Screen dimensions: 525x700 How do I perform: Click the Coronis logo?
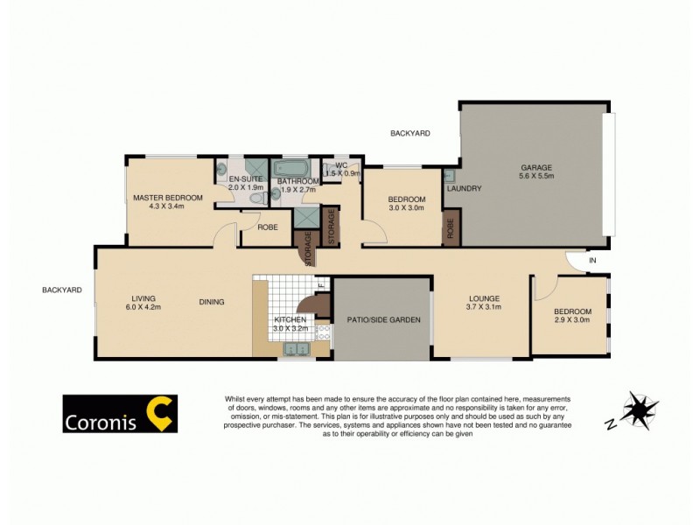(120, 415)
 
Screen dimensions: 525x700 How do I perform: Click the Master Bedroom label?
(168, 198)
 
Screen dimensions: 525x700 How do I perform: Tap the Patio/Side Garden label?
(383, 320)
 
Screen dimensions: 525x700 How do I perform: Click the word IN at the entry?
(592, 261)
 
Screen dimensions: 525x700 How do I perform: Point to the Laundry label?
(463, 189)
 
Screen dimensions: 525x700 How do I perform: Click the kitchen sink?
(299, 352)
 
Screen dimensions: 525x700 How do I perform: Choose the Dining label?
(212, 302)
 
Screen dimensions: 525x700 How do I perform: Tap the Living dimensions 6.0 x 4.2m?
(143, 307)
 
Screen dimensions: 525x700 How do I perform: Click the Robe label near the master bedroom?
(267, 227)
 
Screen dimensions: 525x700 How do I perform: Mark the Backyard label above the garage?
(410, 133)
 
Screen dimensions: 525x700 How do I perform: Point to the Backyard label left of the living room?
(61, 290)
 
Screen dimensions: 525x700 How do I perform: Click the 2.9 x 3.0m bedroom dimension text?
(572, 320)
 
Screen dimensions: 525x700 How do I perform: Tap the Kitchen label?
(290, 321)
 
